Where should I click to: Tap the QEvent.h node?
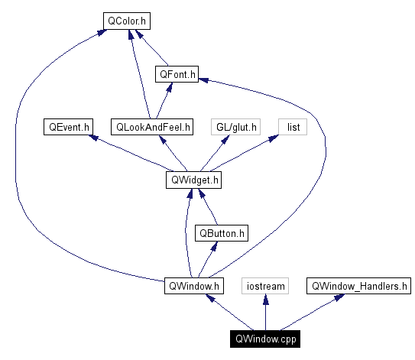(x=68, y=126)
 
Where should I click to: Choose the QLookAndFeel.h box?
(x=152, y=126)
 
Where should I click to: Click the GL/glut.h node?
(x=237, y=126)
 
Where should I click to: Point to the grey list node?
(x=293, y=126)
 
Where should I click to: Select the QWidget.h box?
(x=193, y=180)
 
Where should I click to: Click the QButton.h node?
(x=221, y=233)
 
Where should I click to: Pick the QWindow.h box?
(x=194, y=287)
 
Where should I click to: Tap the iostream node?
(x=264, y=287)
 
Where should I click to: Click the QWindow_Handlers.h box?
(x=359, y=287)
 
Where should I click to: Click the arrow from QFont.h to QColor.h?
(x=155, y=50)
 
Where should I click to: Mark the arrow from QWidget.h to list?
(x=245, y=153)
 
